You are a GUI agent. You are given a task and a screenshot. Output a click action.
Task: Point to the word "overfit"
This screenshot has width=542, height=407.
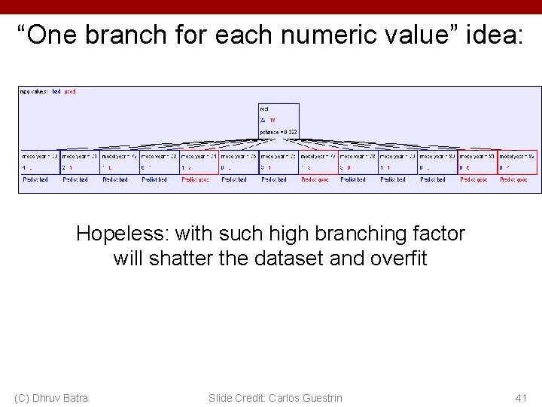tap(398, 259)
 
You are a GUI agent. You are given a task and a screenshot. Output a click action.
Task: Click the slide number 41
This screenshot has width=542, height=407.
tap(521, 397)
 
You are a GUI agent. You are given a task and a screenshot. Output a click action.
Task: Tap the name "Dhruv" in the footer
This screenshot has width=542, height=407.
tap(50, 397)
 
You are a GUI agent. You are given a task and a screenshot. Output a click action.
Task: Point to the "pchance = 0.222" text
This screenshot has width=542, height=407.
tap(279, 132)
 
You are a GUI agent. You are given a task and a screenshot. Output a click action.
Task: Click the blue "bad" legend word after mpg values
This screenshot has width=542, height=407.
tap(56, 91)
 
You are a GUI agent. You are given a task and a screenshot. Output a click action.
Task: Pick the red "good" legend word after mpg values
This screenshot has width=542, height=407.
tap(70, 91)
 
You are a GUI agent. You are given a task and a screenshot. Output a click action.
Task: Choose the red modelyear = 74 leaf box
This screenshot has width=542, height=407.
tap(199, 162)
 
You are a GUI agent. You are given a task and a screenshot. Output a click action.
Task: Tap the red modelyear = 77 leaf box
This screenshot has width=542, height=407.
tap(318, 162)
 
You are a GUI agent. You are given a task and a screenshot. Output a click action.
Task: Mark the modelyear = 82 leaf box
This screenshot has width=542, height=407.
tap(517, 162)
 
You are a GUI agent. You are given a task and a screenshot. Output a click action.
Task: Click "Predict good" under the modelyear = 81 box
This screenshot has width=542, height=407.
tap(473, 180)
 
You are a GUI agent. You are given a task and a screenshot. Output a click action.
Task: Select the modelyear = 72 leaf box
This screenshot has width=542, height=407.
tap(119, 162)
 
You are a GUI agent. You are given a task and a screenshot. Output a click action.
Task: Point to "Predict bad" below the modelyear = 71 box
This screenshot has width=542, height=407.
tap(75, 180)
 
